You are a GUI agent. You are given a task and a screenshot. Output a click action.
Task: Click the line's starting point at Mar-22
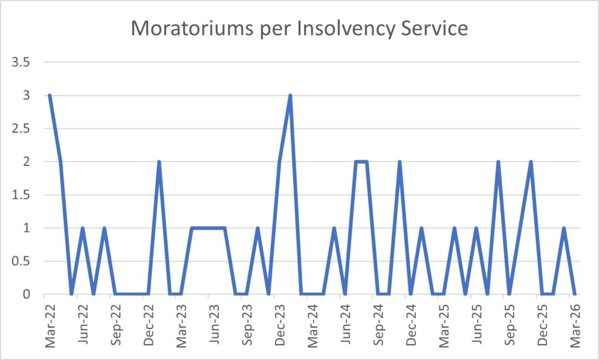coord(50,95)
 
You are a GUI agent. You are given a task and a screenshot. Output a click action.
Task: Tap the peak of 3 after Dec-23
coord(290,95)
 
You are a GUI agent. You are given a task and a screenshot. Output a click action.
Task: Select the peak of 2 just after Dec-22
coord(159,162)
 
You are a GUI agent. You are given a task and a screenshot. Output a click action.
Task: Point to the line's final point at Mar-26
coord(575,294)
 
